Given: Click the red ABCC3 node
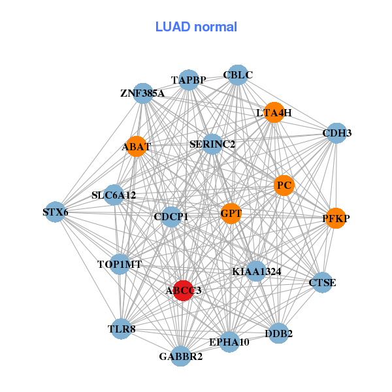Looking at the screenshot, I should click(x=184, y=290).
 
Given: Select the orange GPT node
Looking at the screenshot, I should click(x=231, y=213).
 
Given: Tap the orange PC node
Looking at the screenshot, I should click(x=284, y=186).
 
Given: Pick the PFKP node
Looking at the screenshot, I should click(x=336, y=219).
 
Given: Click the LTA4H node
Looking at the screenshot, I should click(x=274, y=112).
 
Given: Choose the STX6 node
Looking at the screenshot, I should click(x=56, y=212).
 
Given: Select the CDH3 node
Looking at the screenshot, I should click(x=336, y=133).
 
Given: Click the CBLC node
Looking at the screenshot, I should click(x=238, y=75).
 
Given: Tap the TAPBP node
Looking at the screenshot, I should click(x=189, y=80).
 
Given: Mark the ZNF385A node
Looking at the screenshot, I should click(x=144, y=93).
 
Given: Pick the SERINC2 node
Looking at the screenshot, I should click(x=212, y=144).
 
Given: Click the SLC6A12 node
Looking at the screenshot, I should click(x=114, y=195).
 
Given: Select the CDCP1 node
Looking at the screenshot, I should click(x=171, y=216).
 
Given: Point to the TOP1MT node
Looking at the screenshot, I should click(x=120, y=265).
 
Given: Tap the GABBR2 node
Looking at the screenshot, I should click(x=181, y=356).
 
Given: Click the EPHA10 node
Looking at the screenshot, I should click(x=229, y=342).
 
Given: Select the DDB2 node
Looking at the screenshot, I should click(x=278, y=333).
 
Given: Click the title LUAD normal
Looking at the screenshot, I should click(x=196, y=27).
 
